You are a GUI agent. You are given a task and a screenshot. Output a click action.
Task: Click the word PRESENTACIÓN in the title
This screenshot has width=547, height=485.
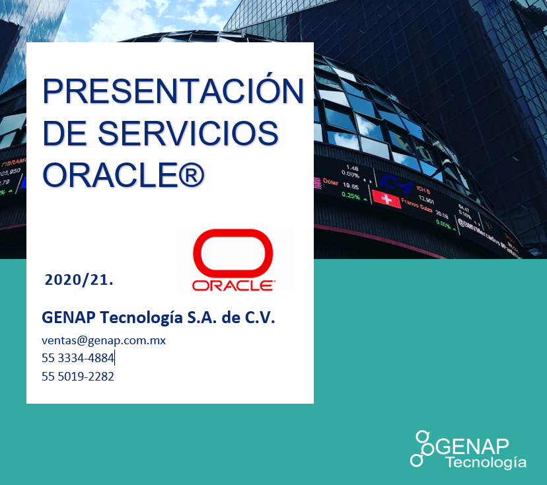[173, 91]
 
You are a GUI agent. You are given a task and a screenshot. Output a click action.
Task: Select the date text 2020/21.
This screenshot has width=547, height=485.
[79, 280]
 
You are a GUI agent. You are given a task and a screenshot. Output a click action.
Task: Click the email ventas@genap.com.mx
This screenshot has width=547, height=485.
[103, 340]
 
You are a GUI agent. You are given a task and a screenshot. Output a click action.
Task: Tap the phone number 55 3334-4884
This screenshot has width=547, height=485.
[77, 358]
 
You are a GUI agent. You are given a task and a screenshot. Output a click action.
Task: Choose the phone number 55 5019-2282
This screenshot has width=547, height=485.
[77, 377]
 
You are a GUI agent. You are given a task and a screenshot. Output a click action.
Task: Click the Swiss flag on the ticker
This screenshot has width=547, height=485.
[386, 198]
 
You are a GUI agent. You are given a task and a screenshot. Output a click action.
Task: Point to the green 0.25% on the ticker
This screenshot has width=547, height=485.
[351, 196]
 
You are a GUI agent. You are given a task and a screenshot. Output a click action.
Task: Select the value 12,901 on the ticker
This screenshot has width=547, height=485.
[426, 201]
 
